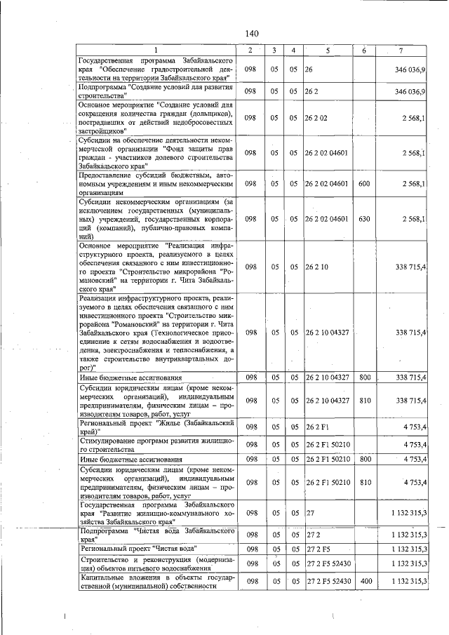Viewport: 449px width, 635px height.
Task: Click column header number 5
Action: pyautogui.click(x=327, y=51)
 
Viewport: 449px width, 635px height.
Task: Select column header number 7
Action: pyautogui.click(x=401, y=51)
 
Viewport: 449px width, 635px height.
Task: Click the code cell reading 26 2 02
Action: pyautogui.click(x=316, y=118)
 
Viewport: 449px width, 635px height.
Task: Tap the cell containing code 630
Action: pyautogui.click(x=363, y=219)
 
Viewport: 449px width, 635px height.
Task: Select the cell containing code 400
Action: pyautogui.click(x=363, y=582)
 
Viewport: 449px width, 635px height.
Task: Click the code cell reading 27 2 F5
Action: pyautogui.click(x=318, y=549)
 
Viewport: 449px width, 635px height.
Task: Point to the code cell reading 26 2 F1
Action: pyautogui.click(x=318, y=426)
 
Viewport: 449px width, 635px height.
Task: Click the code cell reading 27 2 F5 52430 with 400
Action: pyautogui.click(x=328, y=582)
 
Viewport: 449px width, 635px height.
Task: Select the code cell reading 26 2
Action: pyautogui.click(x=312, y=91)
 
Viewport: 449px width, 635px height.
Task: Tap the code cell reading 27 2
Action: pyautogui.click(x=312, y=535)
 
